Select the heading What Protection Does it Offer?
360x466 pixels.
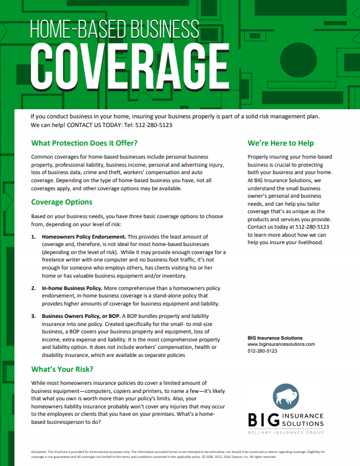point(84,143)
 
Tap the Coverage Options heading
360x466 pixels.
point(62,202)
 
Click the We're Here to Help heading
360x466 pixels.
point(281,143)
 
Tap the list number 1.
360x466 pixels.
point(33,237)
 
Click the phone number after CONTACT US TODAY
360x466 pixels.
point(154,125)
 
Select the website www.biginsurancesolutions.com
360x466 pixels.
point(281,344)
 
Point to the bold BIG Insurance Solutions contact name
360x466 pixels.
point(275,338)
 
